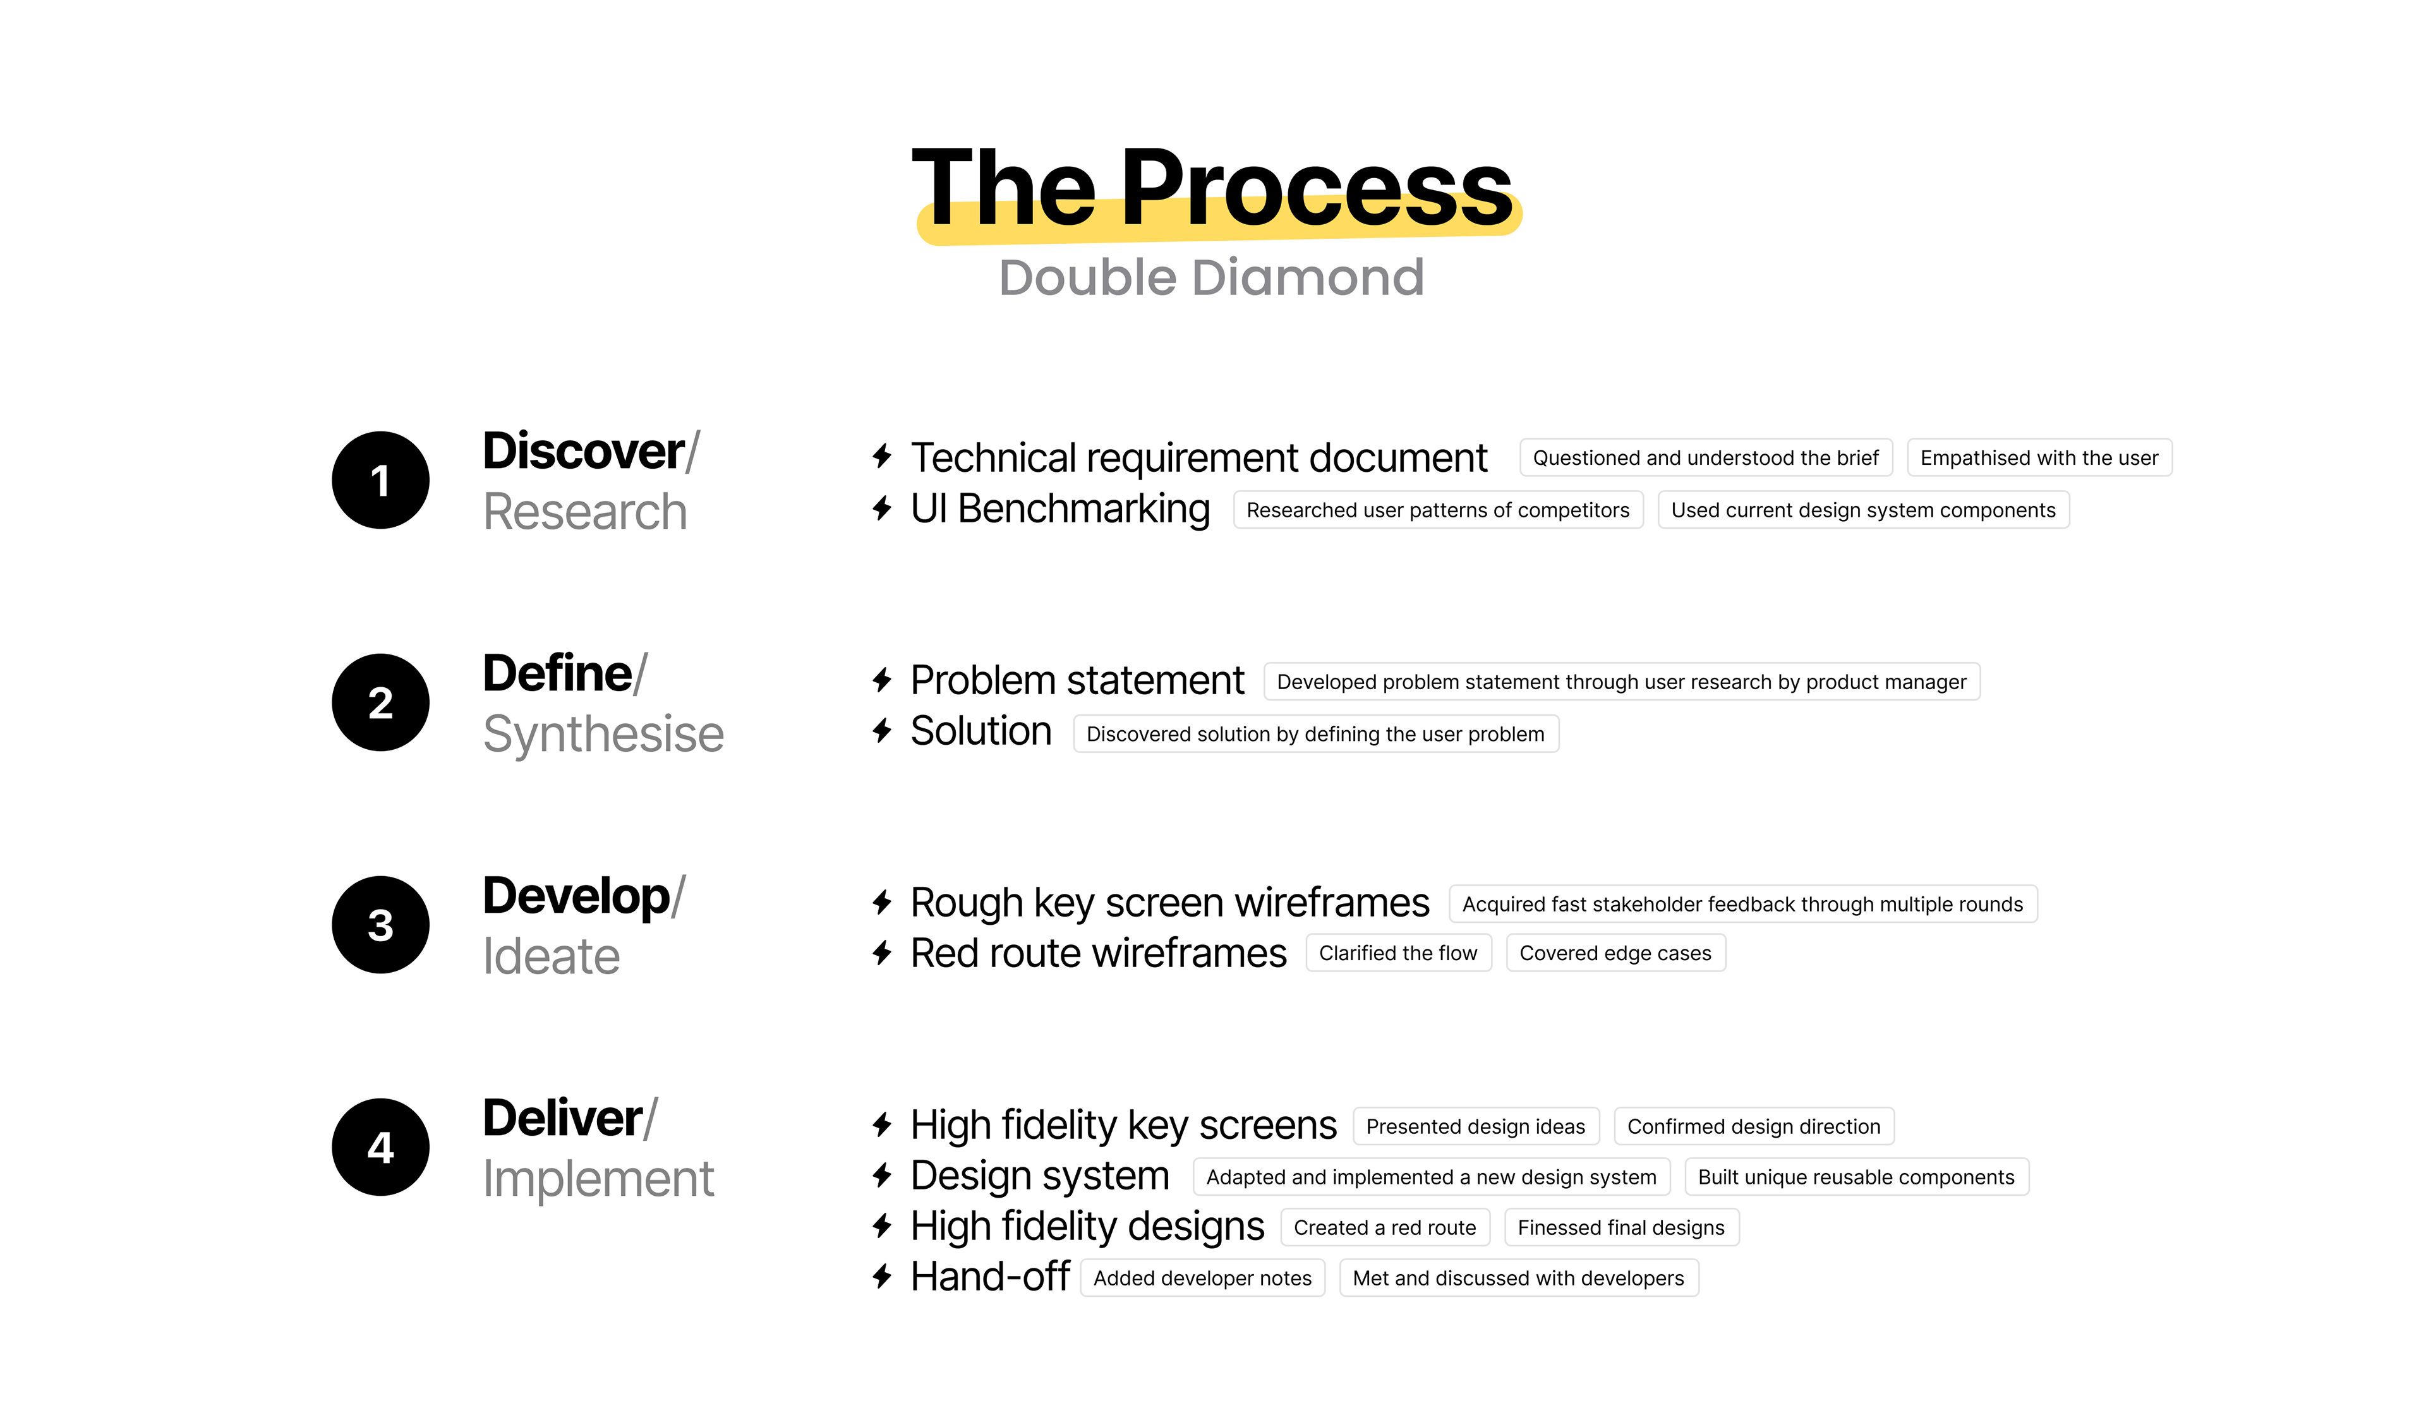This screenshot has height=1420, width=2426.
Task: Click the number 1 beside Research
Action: pos(380,481)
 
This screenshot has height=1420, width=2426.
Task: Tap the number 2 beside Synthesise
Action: pos(380,703)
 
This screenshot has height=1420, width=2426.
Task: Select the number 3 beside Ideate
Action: pos(380,925)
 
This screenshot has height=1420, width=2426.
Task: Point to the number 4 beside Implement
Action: pos(380,1148)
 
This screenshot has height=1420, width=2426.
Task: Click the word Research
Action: pos(585,511)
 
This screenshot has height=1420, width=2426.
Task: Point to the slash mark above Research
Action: pos(693,452)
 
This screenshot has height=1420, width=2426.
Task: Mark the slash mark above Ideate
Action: pos(679,896)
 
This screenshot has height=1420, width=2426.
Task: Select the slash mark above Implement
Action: pos(651,1119)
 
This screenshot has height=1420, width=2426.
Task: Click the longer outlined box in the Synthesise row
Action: pos(1622,682)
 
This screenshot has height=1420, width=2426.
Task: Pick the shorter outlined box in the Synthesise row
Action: pos(1316,733)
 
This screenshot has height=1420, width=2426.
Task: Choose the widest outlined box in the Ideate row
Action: pos(1744,903)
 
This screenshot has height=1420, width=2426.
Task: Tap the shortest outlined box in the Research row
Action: pos(2040,457)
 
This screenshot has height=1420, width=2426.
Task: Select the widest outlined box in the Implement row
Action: pos(1432,1176)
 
